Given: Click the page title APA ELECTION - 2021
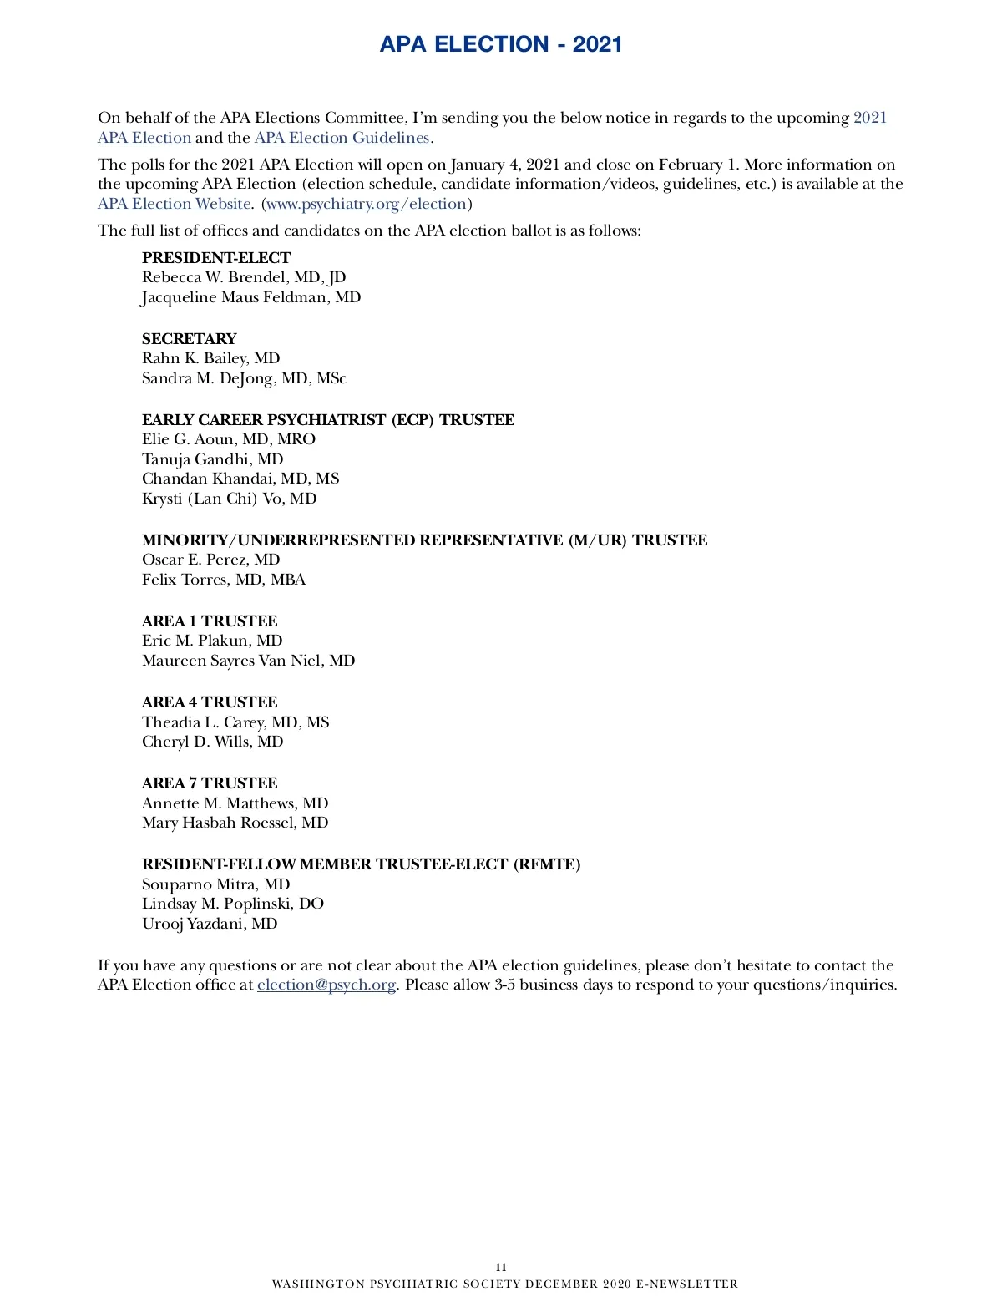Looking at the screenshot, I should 501,44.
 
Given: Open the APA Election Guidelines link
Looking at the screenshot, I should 342,138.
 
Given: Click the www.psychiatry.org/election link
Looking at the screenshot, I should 366,204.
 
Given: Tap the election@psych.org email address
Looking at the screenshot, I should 326,985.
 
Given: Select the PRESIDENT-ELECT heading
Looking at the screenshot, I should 216,258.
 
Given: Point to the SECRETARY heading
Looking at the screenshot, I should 189,339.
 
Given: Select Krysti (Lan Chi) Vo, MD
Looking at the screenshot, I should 229,499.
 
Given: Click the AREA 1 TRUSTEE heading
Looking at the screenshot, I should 210,621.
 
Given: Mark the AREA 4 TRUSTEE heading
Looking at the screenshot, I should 210,702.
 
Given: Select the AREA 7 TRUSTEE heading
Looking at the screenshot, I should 210,783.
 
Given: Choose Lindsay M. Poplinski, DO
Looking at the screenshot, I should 232,904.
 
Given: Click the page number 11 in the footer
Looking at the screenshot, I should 501,1267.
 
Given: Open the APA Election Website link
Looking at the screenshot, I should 174,204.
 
